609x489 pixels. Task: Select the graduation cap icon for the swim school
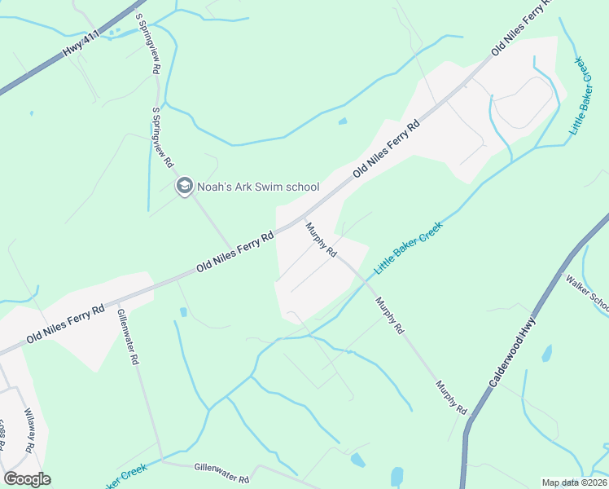pyautogui.click(x=185, y=187)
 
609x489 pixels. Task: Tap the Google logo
pyautogui.click(x=27, y=479)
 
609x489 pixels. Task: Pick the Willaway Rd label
pyautogui.click(x=30, y=430)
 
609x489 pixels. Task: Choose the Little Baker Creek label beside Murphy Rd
pyautogui.click(x=407, y=248)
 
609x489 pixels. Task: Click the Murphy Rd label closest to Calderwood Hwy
pyautogui.click(x=450, y=398)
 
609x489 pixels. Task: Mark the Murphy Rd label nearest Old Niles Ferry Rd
pyautogui.click(x=322, y=240)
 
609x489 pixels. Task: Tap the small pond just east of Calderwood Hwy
pyautogui.click(x=546, y=353)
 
